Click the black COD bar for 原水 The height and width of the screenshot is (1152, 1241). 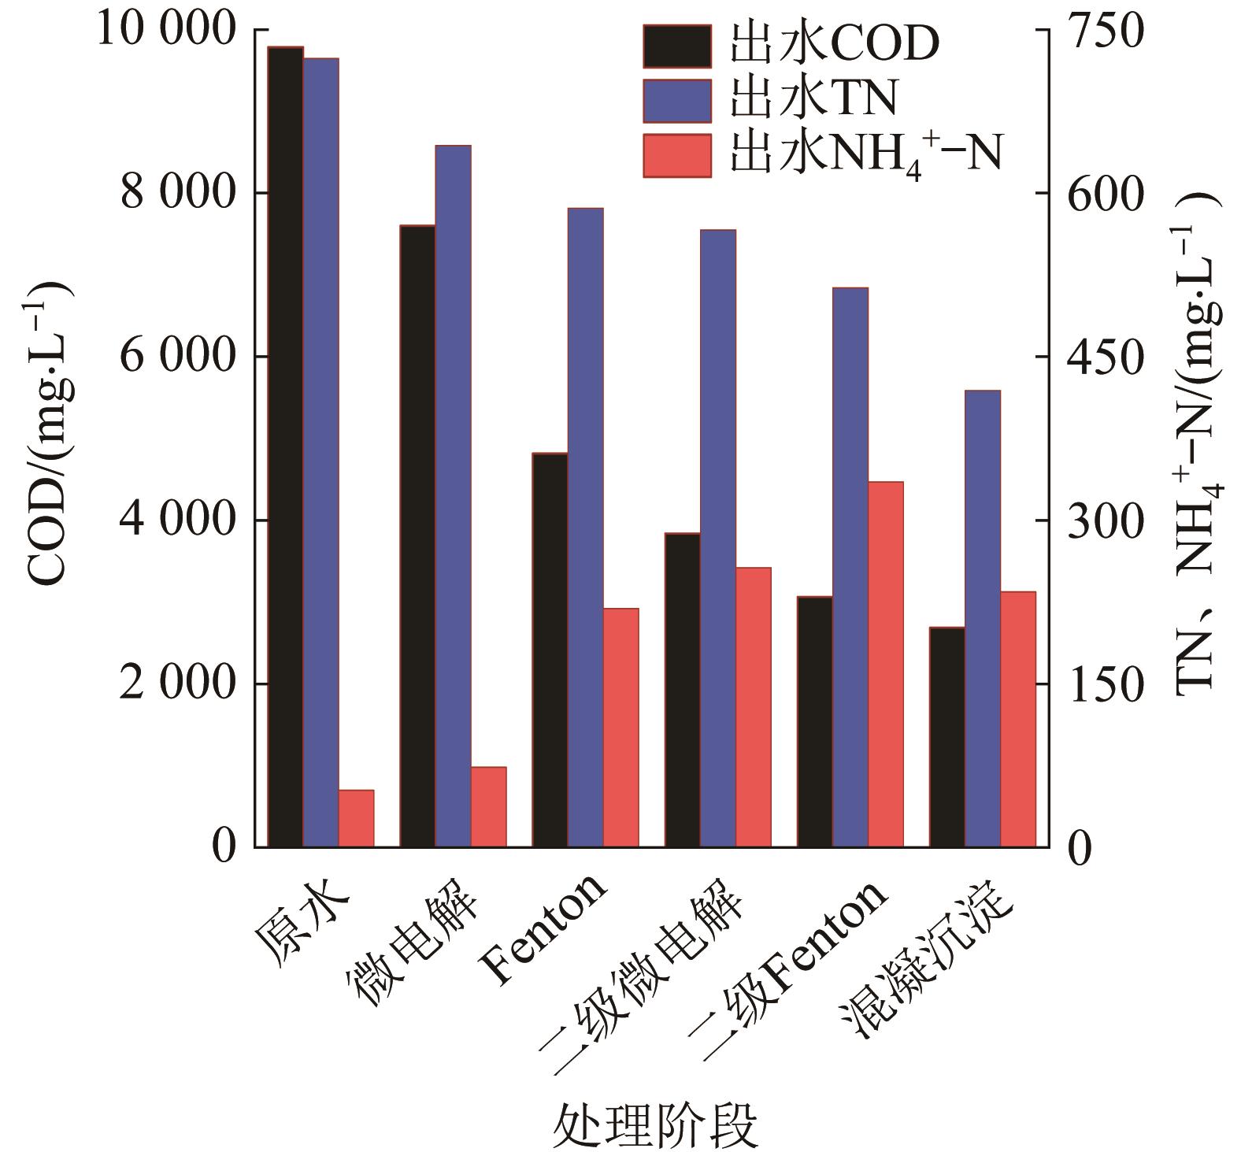coord(285,446)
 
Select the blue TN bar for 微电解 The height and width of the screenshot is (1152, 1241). coord(453,496)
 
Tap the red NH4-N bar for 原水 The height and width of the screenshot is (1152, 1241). coord(356,818)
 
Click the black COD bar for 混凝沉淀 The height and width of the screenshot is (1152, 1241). coord(946,737)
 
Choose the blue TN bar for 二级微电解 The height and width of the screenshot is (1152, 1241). coord(717,539)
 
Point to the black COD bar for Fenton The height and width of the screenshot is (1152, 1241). coord(550,650)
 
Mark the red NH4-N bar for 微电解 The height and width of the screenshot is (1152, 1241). coord(488,806)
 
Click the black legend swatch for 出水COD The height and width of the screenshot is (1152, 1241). coord(676,46)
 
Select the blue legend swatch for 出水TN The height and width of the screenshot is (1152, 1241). coord(676,100)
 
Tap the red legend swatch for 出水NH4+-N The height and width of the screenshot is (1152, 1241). coord(676,155)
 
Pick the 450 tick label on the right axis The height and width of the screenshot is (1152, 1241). coord(1101,357)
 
